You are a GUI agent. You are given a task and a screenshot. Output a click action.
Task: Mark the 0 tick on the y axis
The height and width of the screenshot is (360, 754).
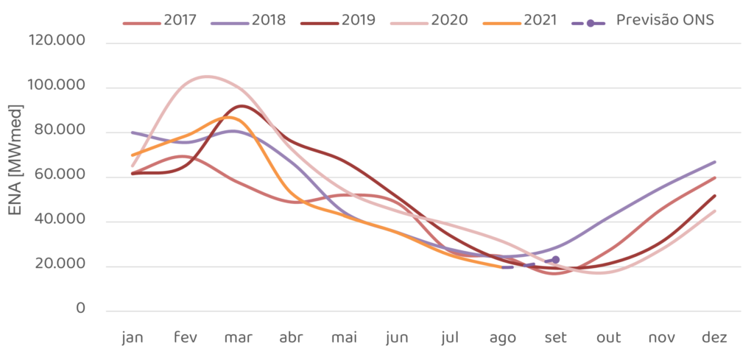(x=80, y=309)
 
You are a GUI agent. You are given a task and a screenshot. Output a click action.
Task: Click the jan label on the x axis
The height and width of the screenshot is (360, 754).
(x=133, y=337)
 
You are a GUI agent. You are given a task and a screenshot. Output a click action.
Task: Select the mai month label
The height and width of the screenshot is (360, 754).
(x=344, y=337)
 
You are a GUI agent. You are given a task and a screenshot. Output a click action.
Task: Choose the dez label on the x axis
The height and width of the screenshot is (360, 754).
(x=715, y=337)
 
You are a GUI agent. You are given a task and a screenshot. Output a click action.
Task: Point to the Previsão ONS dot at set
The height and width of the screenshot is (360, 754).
(x=556, y=259)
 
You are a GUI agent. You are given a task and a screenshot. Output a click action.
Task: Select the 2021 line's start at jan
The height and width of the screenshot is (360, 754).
(x=133, y=155)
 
